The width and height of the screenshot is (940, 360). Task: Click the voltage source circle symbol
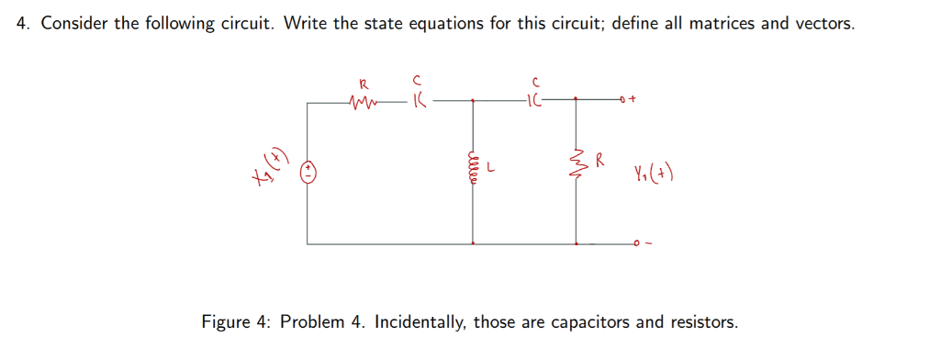309,171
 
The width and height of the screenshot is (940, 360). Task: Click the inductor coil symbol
474,170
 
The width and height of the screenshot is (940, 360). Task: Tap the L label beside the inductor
493,169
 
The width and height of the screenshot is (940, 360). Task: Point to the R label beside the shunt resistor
599,162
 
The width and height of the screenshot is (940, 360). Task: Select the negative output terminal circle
634,244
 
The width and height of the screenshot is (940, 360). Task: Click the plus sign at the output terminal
635,98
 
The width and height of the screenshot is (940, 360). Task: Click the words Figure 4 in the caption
237,322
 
